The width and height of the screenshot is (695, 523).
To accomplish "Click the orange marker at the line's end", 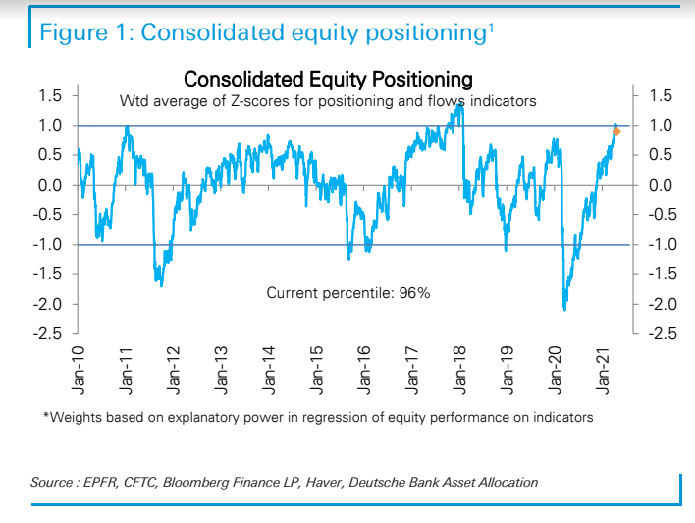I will (x=616, y=131).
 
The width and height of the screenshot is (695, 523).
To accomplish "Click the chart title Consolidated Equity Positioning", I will (x=328, y=78).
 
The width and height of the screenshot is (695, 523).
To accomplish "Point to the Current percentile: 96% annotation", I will (x=347, y=292).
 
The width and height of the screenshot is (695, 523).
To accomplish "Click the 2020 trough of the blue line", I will (x=565, y=309).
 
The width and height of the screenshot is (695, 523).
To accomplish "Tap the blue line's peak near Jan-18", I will (x=459, y=106).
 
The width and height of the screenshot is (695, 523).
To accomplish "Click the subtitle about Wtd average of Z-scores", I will (x=328, y=101).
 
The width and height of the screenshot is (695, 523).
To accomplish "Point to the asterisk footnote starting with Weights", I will (x=318, y=417).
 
